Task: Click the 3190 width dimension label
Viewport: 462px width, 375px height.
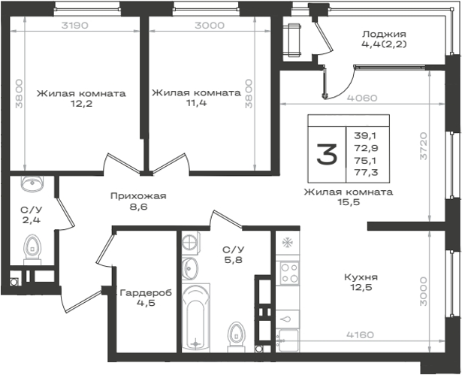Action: click(x=75, y=26)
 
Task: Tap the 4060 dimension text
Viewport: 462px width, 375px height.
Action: click(x=362, y=98)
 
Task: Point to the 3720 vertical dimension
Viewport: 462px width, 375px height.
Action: click(x=424, y=146)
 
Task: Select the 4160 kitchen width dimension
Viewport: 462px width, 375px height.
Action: click(x=360, y=335)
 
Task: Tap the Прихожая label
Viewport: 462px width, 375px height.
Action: click(x=138, y=196)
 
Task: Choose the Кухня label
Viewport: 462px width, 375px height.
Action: click(x=361, y=277)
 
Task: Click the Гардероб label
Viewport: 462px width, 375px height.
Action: click(x=146, y=293)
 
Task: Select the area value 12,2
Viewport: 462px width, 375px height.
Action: click(x=81, y=104)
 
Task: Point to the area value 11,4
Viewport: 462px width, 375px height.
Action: click(x=196, y=103)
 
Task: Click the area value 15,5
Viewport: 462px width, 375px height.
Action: click(x=349, y=202)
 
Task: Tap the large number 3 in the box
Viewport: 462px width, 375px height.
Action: click(x=327, y=153)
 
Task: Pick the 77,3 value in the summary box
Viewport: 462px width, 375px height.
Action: click(x=367, y=172)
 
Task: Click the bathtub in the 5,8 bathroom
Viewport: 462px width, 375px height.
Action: click(x=195, y=318)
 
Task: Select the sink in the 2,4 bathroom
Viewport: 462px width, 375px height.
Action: click(x=32, y=183)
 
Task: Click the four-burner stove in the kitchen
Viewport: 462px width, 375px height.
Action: click(x=289, y=274)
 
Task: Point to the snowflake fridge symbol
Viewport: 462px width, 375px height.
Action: click(x=287, y=243)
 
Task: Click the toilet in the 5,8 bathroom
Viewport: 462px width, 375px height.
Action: click(x=237, y=337)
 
